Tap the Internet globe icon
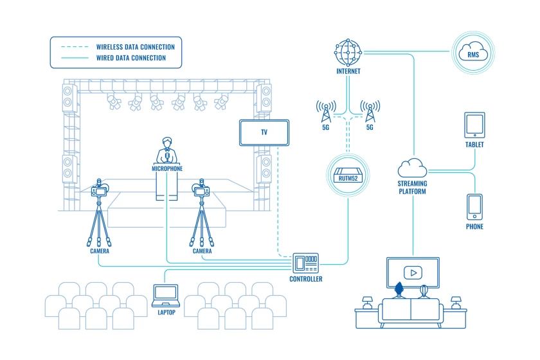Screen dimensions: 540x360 coord(348,53)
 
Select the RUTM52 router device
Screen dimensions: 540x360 coord(348,175)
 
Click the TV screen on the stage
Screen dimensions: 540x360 coord(264,132)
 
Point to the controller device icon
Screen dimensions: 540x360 coord(306,263)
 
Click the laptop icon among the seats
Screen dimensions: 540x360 coord(166,296)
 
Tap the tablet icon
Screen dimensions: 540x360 coord(474,125)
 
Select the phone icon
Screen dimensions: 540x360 coord(474,207)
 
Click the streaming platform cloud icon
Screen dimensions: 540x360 coord(412,168)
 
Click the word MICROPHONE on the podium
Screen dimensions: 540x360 coord(167,168)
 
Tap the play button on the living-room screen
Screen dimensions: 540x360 coord(413,273)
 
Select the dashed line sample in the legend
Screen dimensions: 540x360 coord(75,46)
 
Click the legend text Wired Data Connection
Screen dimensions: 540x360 coord(131,58)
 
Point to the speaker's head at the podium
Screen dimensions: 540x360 coord(167,142)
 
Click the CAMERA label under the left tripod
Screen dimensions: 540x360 coord(100,251)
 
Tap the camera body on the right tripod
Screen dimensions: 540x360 coord(202,190)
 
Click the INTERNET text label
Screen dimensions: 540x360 coord(348,71)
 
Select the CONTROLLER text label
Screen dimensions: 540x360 coord(306,279)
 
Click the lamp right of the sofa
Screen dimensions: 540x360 coord(456,303)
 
